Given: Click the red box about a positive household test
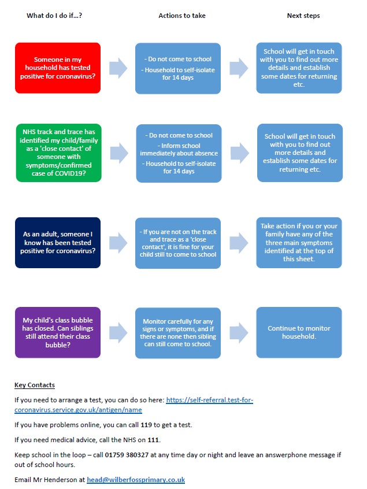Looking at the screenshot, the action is tap(58, 68).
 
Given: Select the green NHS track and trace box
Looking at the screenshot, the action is tap(58, 153).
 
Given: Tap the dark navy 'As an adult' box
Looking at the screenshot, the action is tap(58, 243).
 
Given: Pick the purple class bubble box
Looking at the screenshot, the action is tap(58, 332).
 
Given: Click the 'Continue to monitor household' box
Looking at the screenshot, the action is tap(299, 332).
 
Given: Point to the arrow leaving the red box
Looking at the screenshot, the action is tap(118, 68).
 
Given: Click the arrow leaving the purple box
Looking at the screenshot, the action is tap(118, 332).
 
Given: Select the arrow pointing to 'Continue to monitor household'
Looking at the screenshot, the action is tap(239, 332).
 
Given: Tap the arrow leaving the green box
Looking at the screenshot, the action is tap(119, 153).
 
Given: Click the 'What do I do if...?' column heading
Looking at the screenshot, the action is tap(54, 16).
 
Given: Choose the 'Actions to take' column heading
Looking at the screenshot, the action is tap(182, 16).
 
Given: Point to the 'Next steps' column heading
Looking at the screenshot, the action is tap(303, 16).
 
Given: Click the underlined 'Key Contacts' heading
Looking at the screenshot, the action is tap(35, 385).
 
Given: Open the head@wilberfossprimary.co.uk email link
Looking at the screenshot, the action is tap(136, 480).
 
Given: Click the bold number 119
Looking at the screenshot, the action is tap(146, 425).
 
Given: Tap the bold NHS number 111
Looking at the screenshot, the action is tap(153, 440).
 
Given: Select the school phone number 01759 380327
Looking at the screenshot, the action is tap(127, 455).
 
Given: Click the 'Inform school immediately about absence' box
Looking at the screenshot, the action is tap(179, 153).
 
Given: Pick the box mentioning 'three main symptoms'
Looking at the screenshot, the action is tap(299, 243).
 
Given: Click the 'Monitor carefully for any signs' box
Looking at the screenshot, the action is tap(178, 333).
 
